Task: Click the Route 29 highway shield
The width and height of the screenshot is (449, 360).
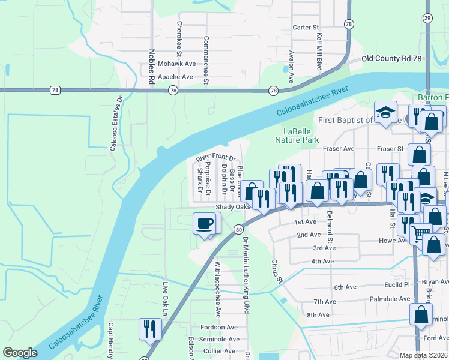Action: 427,19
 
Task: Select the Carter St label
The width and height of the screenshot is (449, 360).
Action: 305,28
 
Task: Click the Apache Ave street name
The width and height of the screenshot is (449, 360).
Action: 175,77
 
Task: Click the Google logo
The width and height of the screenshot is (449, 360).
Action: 20,353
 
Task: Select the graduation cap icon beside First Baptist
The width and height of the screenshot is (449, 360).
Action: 385,112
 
